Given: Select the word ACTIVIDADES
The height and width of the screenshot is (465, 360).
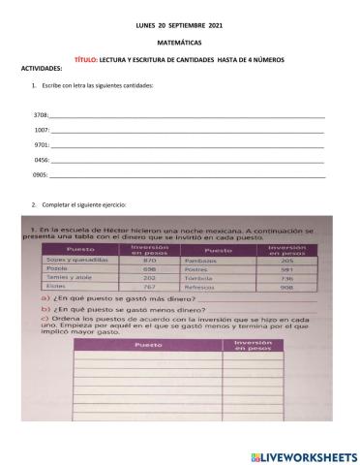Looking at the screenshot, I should [41, 69].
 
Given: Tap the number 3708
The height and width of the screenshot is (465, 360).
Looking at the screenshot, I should [41, 115].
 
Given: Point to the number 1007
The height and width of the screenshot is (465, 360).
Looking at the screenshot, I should [41, 129].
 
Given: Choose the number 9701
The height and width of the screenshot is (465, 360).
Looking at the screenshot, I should [41, 143].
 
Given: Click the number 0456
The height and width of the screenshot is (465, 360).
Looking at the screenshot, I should [41, 158].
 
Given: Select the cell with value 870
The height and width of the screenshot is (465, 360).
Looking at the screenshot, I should [149, 261].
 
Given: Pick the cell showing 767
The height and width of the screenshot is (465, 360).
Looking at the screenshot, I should [149, 287].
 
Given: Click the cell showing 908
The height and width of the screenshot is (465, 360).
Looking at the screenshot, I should [286, 287].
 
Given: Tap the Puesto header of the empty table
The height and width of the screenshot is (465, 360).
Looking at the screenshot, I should [148, 345].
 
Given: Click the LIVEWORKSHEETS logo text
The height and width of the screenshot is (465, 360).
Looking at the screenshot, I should [308, 455].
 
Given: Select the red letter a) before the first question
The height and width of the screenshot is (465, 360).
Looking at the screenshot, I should [46, 300].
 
